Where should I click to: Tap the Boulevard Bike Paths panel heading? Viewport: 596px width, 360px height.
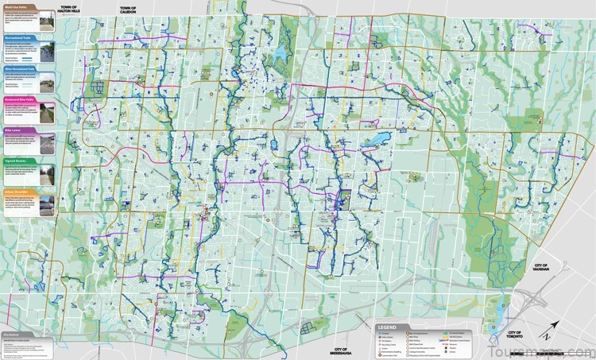pos(23,99)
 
